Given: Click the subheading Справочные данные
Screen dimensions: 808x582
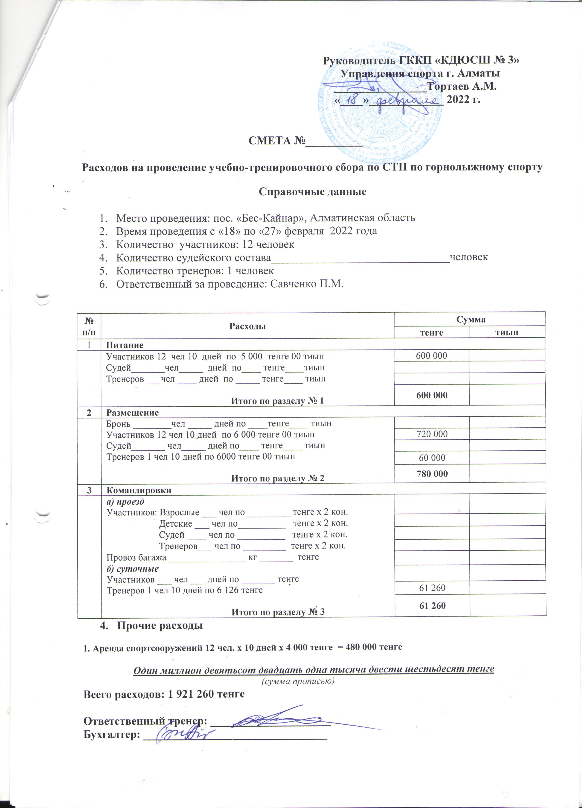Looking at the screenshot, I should [313, 192].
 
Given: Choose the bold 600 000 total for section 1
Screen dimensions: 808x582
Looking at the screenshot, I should [431, 395].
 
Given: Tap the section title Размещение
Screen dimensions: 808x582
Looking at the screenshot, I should [132, 413].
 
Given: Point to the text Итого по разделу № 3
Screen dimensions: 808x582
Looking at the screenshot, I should [278, 612].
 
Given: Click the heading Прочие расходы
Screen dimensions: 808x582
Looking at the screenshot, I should [160, 626].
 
